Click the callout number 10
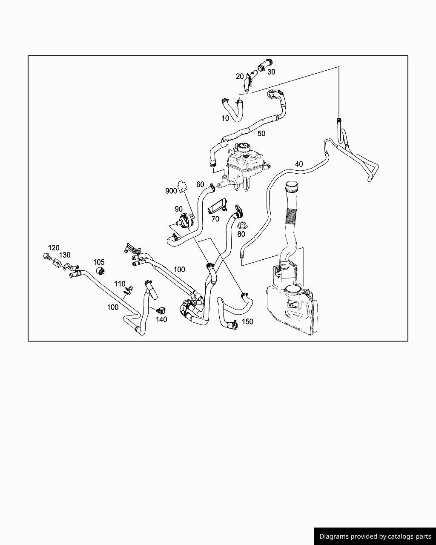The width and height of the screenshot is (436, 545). click(x=225, y=118)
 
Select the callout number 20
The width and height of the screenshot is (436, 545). click(x=240, y=76)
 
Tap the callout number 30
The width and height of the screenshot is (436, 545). click(x=271, y=72)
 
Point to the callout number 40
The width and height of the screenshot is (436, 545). click(x=299, y=164)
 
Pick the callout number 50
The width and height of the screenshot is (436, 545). click(x=261, y=133)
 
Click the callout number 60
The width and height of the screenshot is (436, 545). click(x=200, y=184)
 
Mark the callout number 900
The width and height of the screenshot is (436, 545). click(x=171, y=191)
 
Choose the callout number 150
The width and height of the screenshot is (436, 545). click(x=247, y=321)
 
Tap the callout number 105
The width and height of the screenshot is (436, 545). click(x=99, y=262)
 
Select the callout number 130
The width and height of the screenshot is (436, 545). click(x=65, y=255)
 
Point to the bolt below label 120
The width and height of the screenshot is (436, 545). click(x=46, y=256)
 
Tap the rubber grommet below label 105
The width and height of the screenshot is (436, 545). click(x=101, y=272)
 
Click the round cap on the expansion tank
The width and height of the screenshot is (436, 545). click(x=244, y=147)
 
